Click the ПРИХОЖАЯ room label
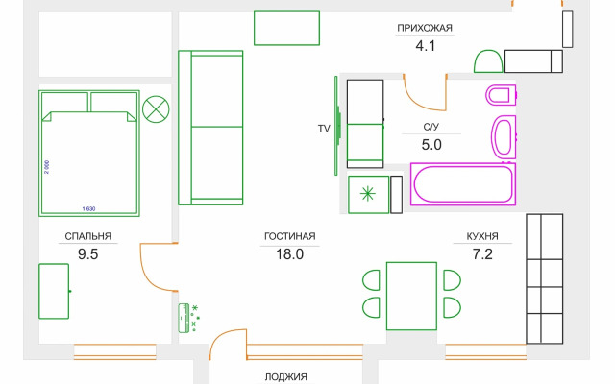[424, 28]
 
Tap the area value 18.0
[289, 254]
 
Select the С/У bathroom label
[431, 127]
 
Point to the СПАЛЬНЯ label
[88, 236]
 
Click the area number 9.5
[88, 254]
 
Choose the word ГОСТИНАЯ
[290, 236]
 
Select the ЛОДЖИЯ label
[285, 377]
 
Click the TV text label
[324, 128]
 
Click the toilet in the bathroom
[502, 96]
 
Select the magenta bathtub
[462, 184]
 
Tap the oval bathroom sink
[503, 138]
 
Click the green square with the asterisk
[368, 194]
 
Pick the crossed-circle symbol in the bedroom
[154, 108]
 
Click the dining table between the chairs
[411, 295]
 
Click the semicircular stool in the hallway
[488, 62]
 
